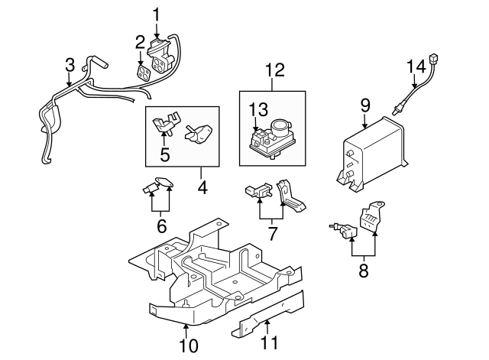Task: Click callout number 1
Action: click(x=157, y=14)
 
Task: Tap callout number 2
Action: click(x=141, y=41)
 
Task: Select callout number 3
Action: click(x=70, y=65)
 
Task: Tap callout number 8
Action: click(x=364, y=269)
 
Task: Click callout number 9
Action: click(x=364, y=103)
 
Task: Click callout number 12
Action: click(x=274, y=70)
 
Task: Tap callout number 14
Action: click(x=416, y=66)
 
